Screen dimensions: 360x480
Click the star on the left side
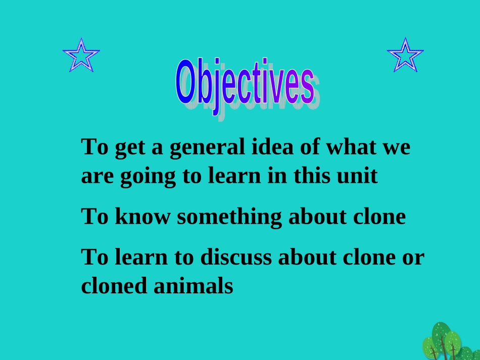click(x=81, y=55)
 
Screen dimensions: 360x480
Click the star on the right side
click(x=405, y=55)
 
